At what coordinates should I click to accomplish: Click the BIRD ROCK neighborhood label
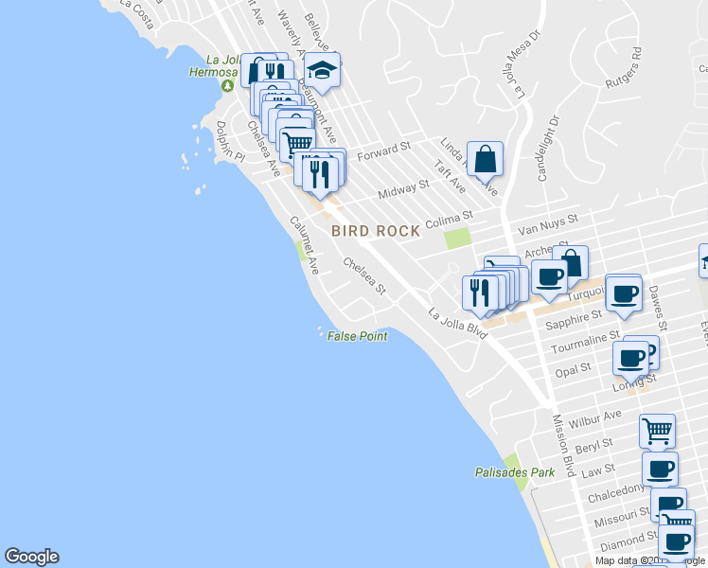point(375,231)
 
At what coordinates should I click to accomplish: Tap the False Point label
point(357,336)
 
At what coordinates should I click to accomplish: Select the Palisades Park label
point(514,471)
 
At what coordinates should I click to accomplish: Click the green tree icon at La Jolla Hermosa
point(227,86)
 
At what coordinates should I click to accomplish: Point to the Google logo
point(31,557)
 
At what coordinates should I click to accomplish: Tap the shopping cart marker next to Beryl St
point(657,431)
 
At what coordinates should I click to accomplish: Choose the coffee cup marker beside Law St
point(660,468)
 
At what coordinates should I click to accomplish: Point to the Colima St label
point(449,220)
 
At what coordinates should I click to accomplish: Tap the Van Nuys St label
point(540,227)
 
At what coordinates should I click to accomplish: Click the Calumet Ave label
point(304,244)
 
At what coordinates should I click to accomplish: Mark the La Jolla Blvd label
point(457,322)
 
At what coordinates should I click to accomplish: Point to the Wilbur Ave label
point(600,417)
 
